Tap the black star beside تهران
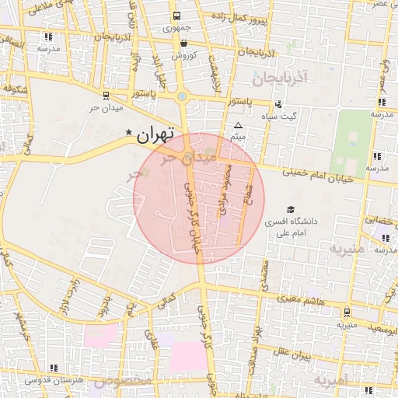point(129,133)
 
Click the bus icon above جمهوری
point(176,16)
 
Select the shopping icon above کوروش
point(183,44)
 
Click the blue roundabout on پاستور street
point(182,96)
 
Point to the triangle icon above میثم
point(238,125)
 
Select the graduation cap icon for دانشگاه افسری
point(291,209)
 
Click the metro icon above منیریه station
point(347,312)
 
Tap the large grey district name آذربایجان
point(281,78)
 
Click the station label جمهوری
point(176,28)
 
